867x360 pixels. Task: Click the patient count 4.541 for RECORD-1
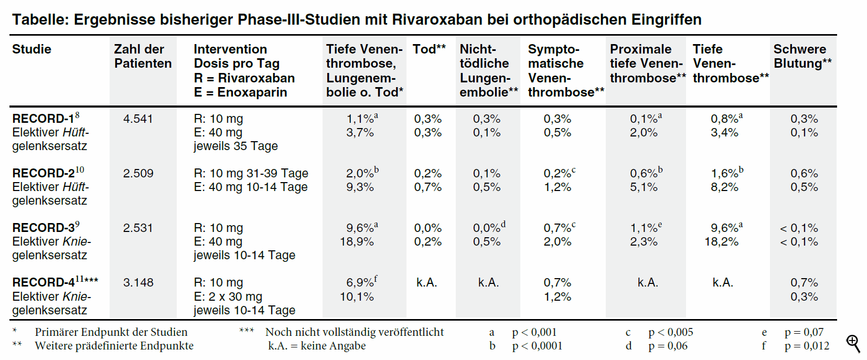pyautogui.click(x=138, y=119)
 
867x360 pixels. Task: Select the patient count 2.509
pyautogui.click(x=138, y=174)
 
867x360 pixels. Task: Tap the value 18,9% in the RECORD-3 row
pyautogui.click(x=357, y=242)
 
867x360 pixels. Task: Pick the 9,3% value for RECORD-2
pyautogui.click(x=360, y=187)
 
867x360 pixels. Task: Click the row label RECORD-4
pyautogui.click(x=44, y=283)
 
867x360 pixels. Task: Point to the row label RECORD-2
pyautogui.click(x=44, y=174)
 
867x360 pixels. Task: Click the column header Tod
pyautogui.click(x=425, y=49)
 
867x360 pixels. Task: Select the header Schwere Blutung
pyautogui.click(x=802, y=56)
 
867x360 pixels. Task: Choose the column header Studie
pyautogui.click(x=31, y=49)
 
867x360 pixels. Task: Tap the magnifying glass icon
pyautogui.click(x=853, y=344)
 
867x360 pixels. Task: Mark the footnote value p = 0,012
pyautogui.click(x=807, y=346)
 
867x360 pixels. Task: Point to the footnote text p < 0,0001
pyautogui.click(x=537, y=346)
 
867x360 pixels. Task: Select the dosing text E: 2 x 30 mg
pyautogui.click(x=228, y=297)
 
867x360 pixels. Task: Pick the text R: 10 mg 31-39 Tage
pyautogui.click(x=251, y=174)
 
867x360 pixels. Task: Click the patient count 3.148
pyautogui.click(x=138, y=283)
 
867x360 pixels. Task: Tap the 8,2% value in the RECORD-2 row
pyautogui.click(x=724, y=187)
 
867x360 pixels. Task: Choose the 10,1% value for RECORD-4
pyautogui.click(x=357, y=297)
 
